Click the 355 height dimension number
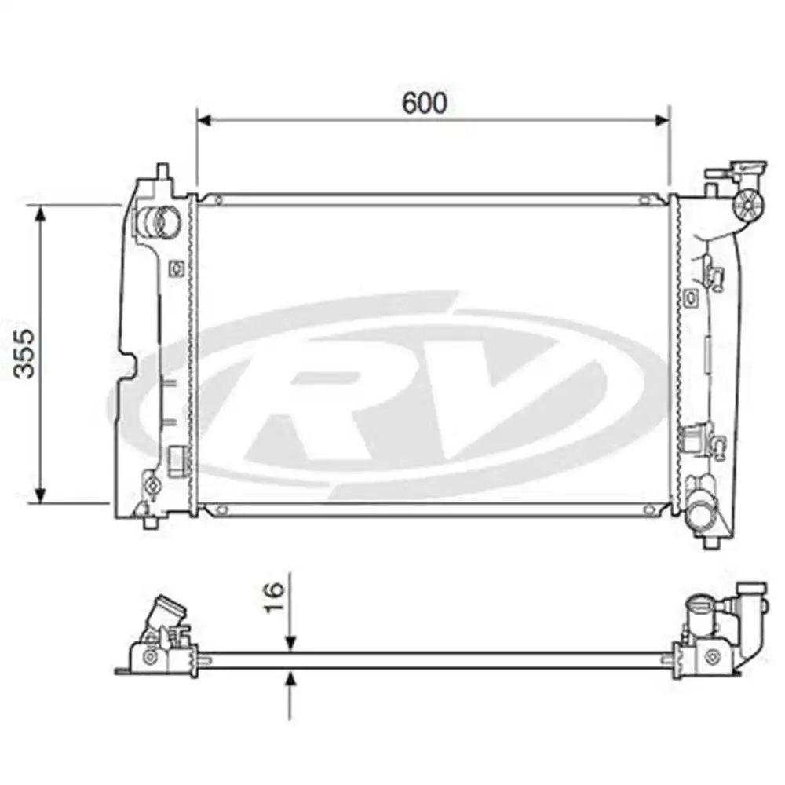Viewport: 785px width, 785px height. click(x=26, y=353)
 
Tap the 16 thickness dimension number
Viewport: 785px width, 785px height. click(x=274, y=599)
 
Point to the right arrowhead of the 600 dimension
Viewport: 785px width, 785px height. click(x=663, y=120)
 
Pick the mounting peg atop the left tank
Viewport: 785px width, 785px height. click(x=161, y=171)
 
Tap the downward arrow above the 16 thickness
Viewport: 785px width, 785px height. click(x=291, y=640)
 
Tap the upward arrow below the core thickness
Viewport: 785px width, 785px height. click(x=291, y=682)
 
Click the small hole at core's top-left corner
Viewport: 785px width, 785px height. click(x=219, y=199)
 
